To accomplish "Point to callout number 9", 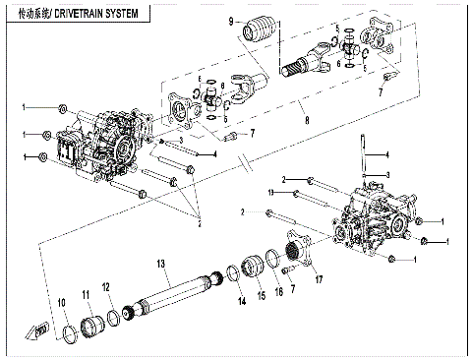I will coord(232,21).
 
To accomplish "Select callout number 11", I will coord(86,294).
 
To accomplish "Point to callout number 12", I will coord(107,286).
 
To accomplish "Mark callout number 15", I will coord(261,294).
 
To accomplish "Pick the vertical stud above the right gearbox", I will coord(365,152).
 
